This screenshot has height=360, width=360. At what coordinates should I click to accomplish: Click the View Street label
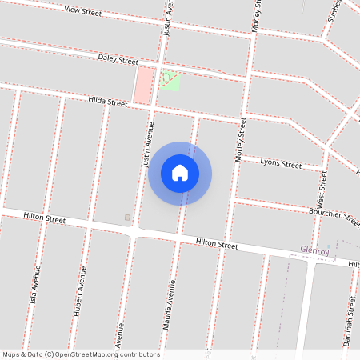tap(82, 11)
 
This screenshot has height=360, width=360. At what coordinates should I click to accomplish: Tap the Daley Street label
tap(118, 59)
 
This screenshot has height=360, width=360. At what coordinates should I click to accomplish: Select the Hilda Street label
tap(107, 102)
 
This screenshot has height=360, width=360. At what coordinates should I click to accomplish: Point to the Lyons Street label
tap(282, 164)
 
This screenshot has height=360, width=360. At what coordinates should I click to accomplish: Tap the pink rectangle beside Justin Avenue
tap(144, 85)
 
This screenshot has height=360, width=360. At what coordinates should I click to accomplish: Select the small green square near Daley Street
tap(169, 79)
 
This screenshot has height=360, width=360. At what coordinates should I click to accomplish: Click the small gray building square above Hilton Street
tap(126, 218)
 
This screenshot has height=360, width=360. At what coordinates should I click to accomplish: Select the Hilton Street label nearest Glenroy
tap(217, 242)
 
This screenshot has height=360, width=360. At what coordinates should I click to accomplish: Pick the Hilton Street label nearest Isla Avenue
tap(44, 217)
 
